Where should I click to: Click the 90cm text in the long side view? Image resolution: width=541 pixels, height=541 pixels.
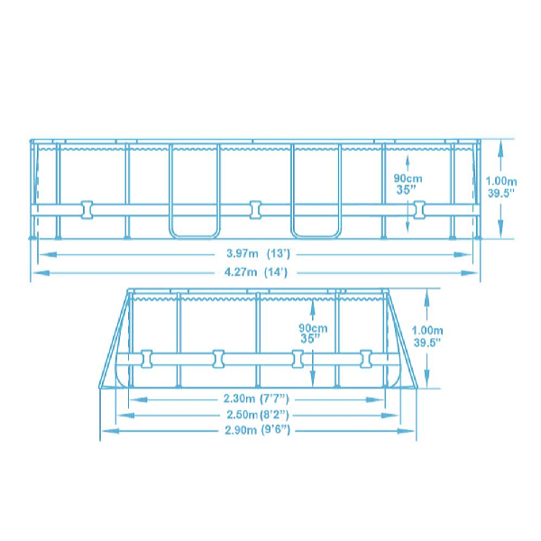pos(408,178)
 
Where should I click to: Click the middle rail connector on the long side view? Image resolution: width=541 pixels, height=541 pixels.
pos(256,209)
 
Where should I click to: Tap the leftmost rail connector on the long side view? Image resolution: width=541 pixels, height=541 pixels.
pos(88,209)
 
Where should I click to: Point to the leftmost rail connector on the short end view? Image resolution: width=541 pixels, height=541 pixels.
pos(145,359)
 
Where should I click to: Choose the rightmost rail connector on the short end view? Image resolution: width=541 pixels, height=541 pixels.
pos(366,359)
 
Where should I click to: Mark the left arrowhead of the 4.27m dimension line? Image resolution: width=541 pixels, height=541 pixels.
pos(38,270)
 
